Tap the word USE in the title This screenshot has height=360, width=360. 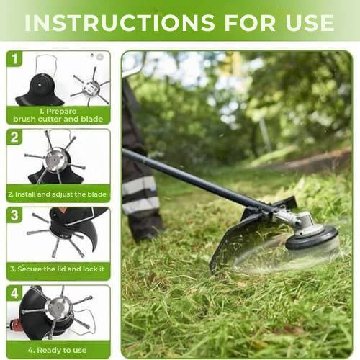click(305, 22)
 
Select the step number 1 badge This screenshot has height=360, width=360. click(15, 59)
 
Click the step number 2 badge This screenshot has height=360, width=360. click(15, 137)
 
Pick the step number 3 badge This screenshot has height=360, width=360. click(15, 215)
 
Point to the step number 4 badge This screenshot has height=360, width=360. click(15, 294)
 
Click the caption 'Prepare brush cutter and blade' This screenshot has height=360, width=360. click(58, 115)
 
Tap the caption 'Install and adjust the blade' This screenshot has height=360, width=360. click(58, 194)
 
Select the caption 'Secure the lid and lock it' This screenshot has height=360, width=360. click(58, 269)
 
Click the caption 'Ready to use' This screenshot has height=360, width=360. click(58, 349)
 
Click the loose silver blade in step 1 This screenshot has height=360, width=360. click(90, 88)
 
